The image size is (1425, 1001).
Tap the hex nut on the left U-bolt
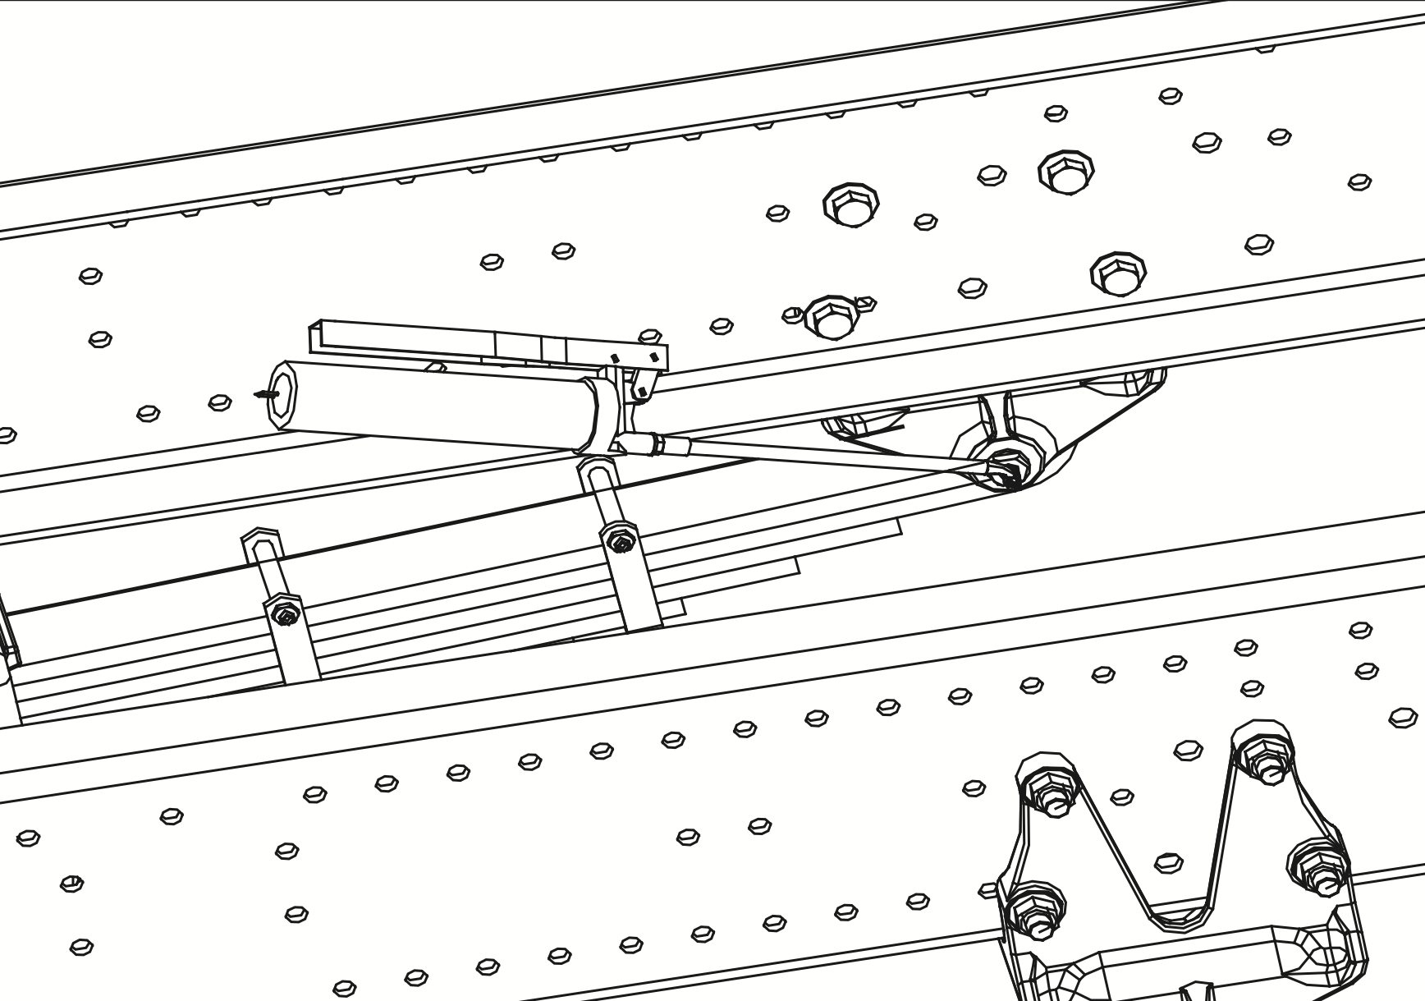[284, 614]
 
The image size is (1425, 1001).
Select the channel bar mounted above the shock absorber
[493, 341]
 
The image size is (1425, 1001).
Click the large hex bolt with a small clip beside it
[832, 317]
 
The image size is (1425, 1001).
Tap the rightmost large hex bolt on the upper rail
[1118, 273]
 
